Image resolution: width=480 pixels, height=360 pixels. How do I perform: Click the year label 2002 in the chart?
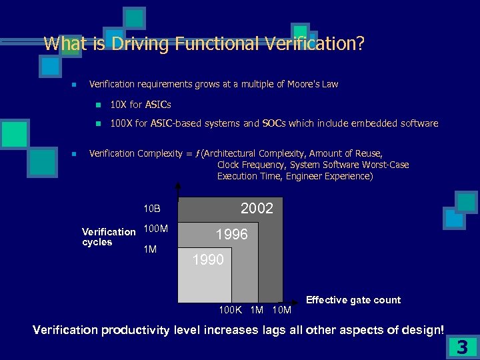pos(257,209)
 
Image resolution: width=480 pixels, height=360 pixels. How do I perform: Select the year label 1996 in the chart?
pos(231,235)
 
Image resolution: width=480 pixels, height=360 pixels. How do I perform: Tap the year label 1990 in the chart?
pos(208,260)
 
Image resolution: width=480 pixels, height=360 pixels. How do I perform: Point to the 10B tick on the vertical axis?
pos(153,209)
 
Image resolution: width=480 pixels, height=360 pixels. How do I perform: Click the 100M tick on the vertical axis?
pos(156,229)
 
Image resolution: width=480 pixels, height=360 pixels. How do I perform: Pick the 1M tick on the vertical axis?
pos(151,249)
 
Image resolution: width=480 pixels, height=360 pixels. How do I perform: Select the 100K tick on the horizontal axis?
pos(231,310)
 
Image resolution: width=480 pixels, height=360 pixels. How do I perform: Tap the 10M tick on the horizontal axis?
pos(282,310)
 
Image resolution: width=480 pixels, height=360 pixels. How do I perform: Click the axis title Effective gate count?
pos(353,300)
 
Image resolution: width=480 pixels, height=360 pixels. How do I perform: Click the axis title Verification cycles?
pos(108,237)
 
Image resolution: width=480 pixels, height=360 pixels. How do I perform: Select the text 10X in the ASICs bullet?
pos(118,105)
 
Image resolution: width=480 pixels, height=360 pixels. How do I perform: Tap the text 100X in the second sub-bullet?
pos(121,123)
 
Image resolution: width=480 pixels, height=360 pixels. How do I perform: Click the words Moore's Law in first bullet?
pos(313,84)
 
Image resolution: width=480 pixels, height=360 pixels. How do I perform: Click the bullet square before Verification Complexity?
pos(75,154)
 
